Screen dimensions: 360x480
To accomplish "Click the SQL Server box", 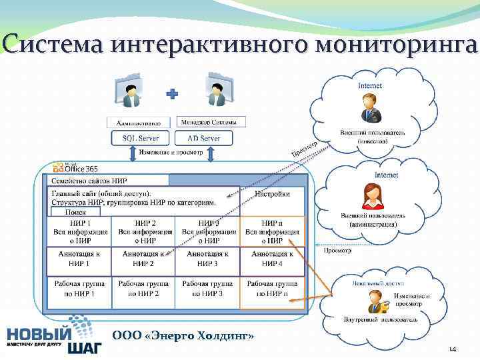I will (141, 138).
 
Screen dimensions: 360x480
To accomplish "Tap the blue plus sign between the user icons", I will (172, 95).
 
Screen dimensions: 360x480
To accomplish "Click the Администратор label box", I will (139, 123).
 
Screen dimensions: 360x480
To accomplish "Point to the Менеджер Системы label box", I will (212, 122).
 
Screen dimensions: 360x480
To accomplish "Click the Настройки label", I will (272, 194).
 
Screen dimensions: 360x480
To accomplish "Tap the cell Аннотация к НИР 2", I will (144, 259).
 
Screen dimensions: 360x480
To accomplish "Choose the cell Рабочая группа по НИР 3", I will (207, 288).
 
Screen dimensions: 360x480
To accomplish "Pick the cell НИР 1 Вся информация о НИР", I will (80, 231).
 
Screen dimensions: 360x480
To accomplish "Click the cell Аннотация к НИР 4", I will (271, 259).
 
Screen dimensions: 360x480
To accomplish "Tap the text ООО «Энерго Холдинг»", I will (183, 335).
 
